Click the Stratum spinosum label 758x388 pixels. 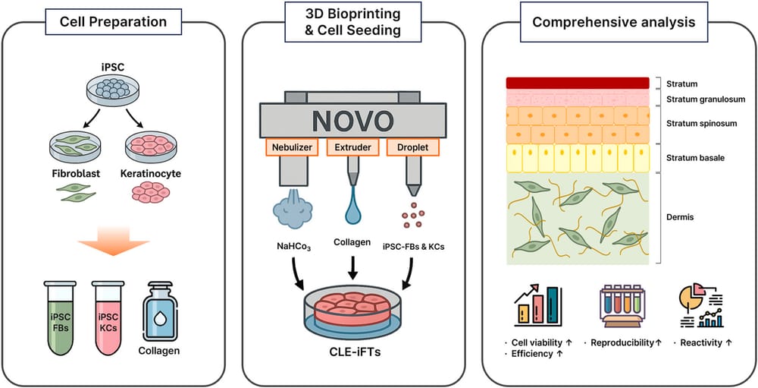pos(697,123)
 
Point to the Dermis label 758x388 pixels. pos(678,218)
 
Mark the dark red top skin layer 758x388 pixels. pos(578,84)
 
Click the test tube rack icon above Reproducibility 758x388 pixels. pos(622,310)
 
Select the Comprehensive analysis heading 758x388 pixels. pos(613,22)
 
